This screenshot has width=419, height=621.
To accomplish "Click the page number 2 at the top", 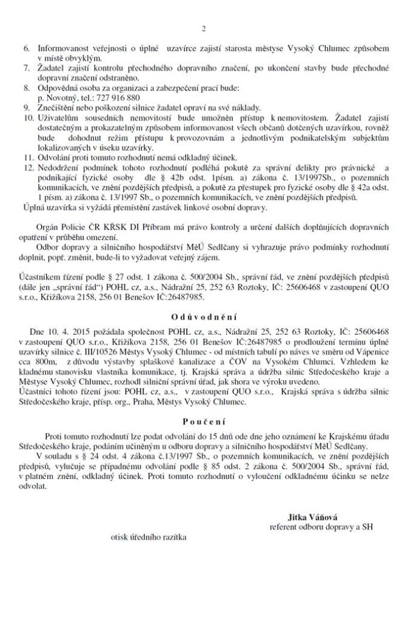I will click(x=204, y=29).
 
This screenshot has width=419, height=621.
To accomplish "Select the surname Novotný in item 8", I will click(x=62, y=97).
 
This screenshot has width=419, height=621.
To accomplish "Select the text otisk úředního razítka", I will click(x=149, y=537).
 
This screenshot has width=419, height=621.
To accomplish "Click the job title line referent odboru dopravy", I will click(x=321, y=527).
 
